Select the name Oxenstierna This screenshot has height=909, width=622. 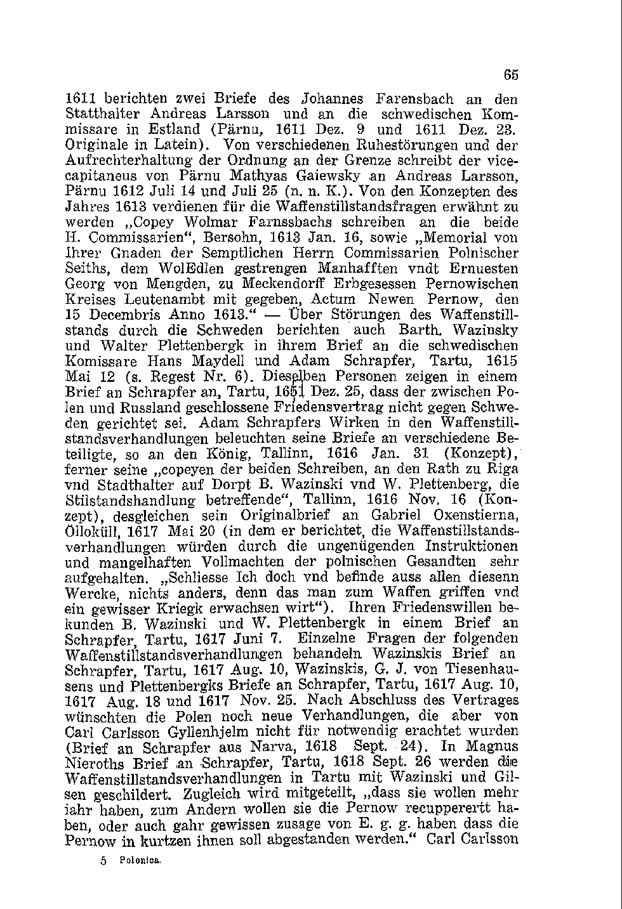coord(475,514)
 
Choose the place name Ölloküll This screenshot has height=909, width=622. coord(93,530)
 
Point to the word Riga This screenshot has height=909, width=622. coord(505,469)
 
